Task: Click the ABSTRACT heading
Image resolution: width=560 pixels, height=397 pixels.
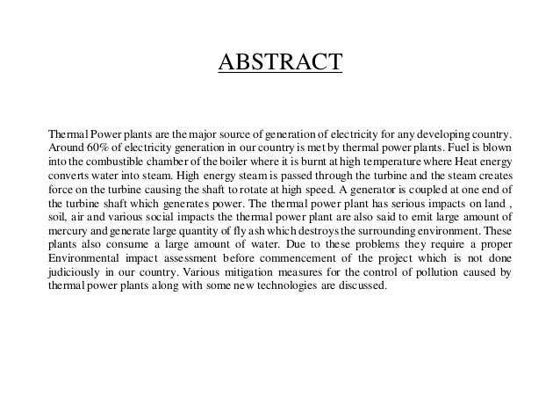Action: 280,63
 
